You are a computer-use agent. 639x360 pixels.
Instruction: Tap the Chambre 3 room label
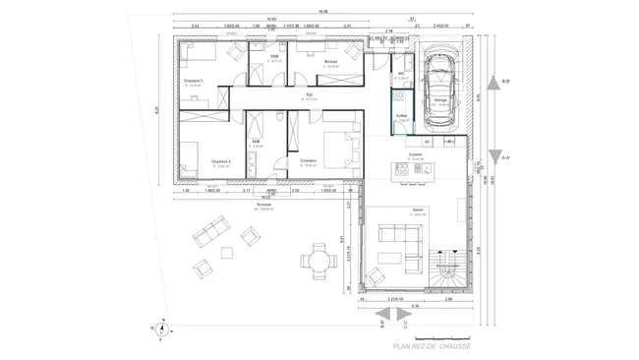[x=193, y=81]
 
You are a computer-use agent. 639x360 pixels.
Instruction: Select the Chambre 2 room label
[x=220, y=161]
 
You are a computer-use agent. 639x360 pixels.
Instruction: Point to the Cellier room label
[x=401, y=116]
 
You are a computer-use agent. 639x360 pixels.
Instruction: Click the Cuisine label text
[x=415, y=153]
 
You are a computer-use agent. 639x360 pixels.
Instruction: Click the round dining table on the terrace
[x=319, y=262]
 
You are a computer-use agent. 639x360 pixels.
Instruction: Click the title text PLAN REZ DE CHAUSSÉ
[x=432, y=345]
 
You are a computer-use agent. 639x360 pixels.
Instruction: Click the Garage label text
[x=440, y=99]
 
